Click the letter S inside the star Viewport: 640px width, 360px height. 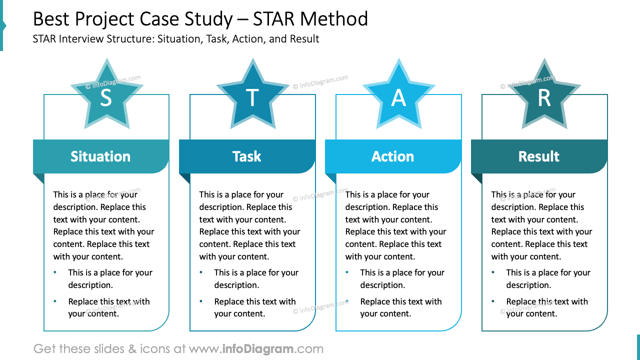coord(106,98)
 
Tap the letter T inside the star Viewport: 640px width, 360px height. coord(252,98)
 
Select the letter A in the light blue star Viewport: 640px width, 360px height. coord(398,98)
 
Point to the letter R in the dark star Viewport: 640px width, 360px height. coord(544,98)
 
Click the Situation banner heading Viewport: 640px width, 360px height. coord(100,156)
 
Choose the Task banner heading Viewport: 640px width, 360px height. coord(247,156)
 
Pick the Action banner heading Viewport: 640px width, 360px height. coord(393,156)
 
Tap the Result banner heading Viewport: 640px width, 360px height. coord(539,156)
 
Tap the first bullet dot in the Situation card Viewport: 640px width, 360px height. coord(55,272)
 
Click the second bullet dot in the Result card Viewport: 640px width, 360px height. coord(493,301)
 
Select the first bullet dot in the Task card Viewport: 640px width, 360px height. coord(201,272)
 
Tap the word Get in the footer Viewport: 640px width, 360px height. coord(44,349)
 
